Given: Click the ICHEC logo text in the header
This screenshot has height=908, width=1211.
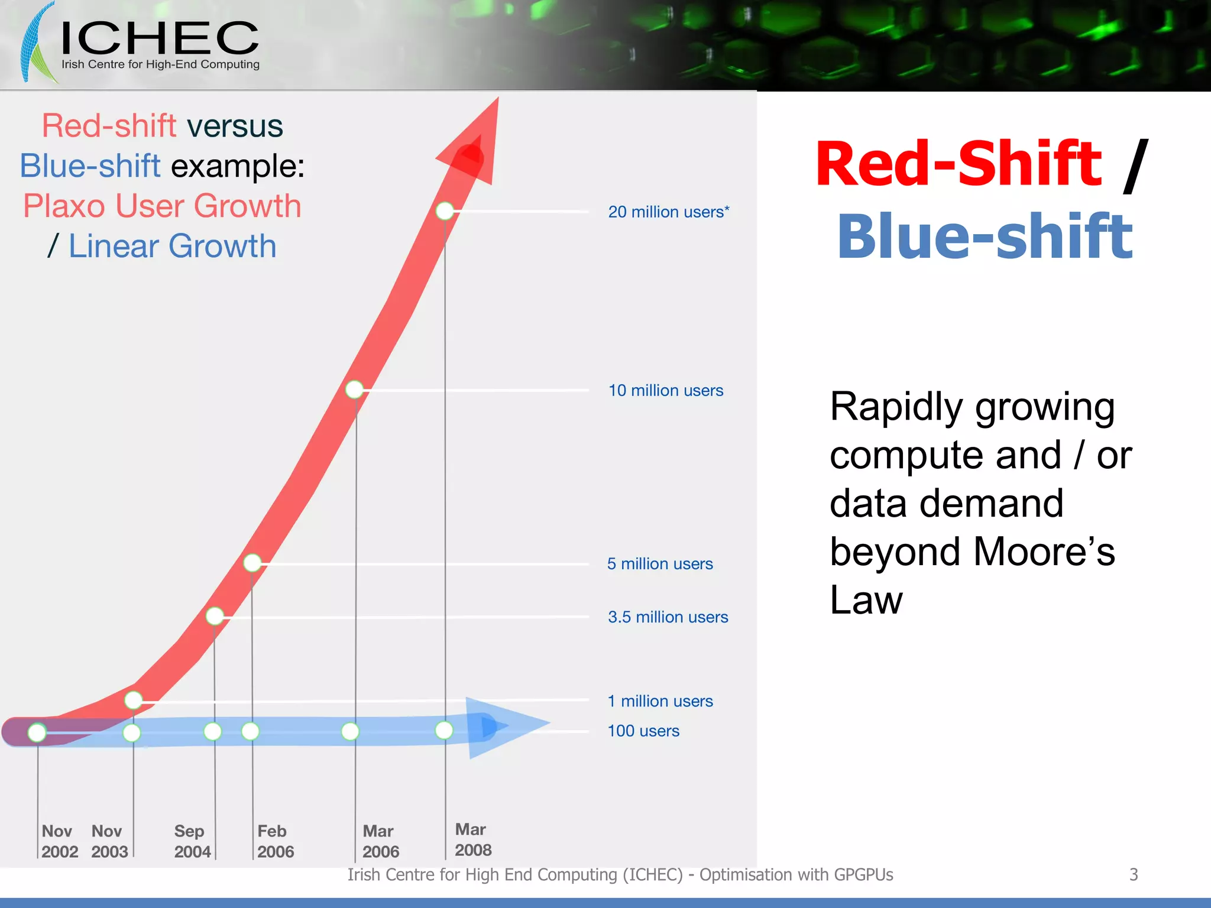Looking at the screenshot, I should click(160, 38).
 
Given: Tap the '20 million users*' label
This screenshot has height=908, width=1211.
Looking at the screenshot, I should click(668, 212).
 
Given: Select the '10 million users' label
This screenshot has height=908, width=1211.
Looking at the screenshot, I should click(665, 390).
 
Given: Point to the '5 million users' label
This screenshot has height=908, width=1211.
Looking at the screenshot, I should click(659, 563).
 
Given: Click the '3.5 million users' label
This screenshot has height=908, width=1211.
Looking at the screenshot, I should click(668, 617).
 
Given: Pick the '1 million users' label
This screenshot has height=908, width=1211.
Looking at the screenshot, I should click(660, 701).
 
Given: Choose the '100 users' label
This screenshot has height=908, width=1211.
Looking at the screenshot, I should click(643, 731).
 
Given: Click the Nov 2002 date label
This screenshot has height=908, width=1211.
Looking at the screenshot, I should click(59, 841).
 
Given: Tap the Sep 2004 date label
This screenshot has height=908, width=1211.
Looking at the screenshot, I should click(192, 841).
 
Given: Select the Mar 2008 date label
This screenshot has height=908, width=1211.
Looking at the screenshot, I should click(472, 839).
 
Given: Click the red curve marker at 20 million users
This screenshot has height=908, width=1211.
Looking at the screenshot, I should click(445, 210).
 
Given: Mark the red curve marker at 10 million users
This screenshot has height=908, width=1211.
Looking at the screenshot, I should click(354, 389).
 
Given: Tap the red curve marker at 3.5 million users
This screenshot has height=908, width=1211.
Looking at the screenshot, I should click(215, 616).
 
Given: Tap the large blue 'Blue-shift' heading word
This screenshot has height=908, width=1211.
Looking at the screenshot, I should click(985, 236).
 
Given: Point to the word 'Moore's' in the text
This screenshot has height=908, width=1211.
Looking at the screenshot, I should click(1043, 551).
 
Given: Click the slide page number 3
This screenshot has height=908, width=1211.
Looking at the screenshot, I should click(1133, 874).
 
